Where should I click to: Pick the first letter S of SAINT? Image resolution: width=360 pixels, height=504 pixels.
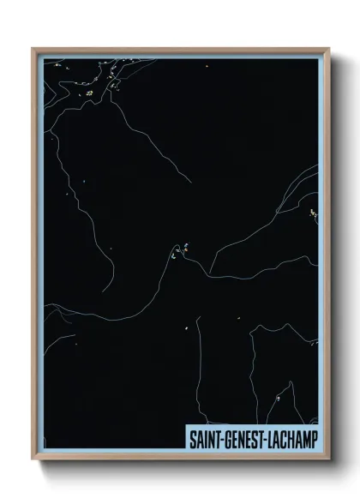click(192, 438)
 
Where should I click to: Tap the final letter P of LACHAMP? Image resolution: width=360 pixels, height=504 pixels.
click(312, 438)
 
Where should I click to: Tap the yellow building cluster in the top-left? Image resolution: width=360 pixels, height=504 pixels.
click(90, 93)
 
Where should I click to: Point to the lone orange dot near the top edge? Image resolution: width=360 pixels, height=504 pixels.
click(207, 65)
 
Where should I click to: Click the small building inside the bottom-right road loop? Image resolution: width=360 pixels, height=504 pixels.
click(278, 399)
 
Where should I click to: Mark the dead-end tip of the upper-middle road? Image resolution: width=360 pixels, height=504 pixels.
click(190, 181)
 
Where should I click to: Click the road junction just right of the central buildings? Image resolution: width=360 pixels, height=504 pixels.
click(208, 274)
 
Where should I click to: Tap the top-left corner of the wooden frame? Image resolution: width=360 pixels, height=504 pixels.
click(33, 50)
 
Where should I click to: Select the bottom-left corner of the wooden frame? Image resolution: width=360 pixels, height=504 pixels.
click(33, 460)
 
